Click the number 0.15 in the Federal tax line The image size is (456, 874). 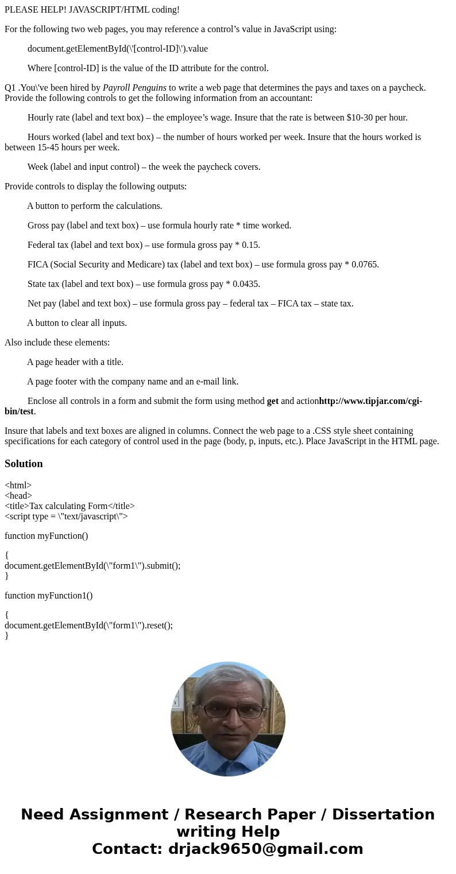250,245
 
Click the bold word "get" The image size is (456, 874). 272,401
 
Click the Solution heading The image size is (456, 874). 24,464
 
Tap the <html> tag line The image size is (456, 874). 18,485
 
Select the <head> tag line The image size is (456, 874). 18,496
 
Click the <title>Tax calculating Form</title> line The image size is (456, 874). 69,506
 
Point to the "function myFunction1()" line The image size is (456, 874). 48,596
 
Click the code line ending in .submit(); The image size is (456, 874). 92,566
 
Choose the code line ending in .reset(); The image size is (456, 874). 88,626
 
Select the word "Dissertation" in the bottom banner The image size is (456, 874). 383,814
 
